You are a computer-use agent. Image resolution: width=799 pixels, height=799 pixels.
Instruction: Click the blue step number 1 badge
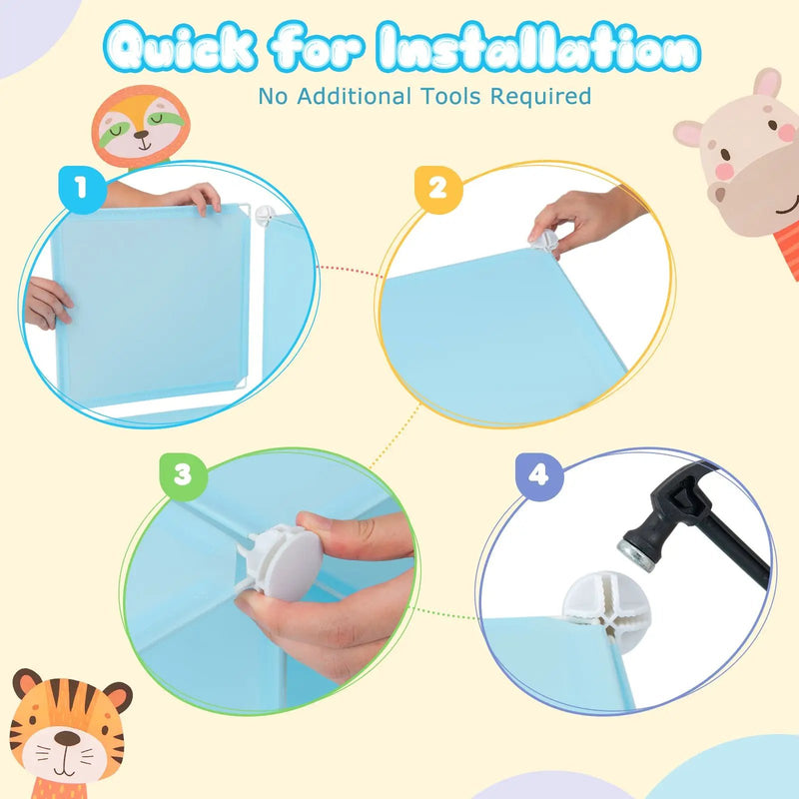(82, 189)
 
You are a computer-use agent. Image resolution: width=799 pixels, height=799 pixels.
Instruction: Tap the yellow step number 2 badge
(438, 189)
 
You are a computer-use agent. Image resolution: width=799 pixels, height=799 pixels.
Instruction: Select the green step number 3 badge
(184, 476)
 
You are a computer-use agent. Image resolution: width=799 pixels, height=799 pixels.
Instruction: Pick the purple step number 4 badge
(539, 476)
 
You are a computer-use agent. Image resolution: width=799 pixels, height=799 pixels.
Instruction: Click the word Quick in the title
(180, 47)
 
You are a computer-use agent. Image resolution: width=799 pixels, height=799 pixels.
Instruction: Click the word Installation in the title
(538, 47)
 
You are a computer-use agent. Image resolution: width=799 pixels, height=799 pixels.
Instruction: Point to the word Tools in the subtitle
(450, 96)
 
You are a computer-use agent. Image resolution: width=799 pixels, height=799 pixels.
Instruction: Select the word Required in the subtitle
(540, 96)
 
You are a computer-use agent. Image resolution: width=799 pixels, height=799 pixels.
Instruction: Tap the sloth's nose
(141, 135)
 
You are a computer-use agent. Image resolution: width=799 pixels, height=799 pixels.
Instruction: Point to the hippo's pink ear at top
(767, 83)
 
